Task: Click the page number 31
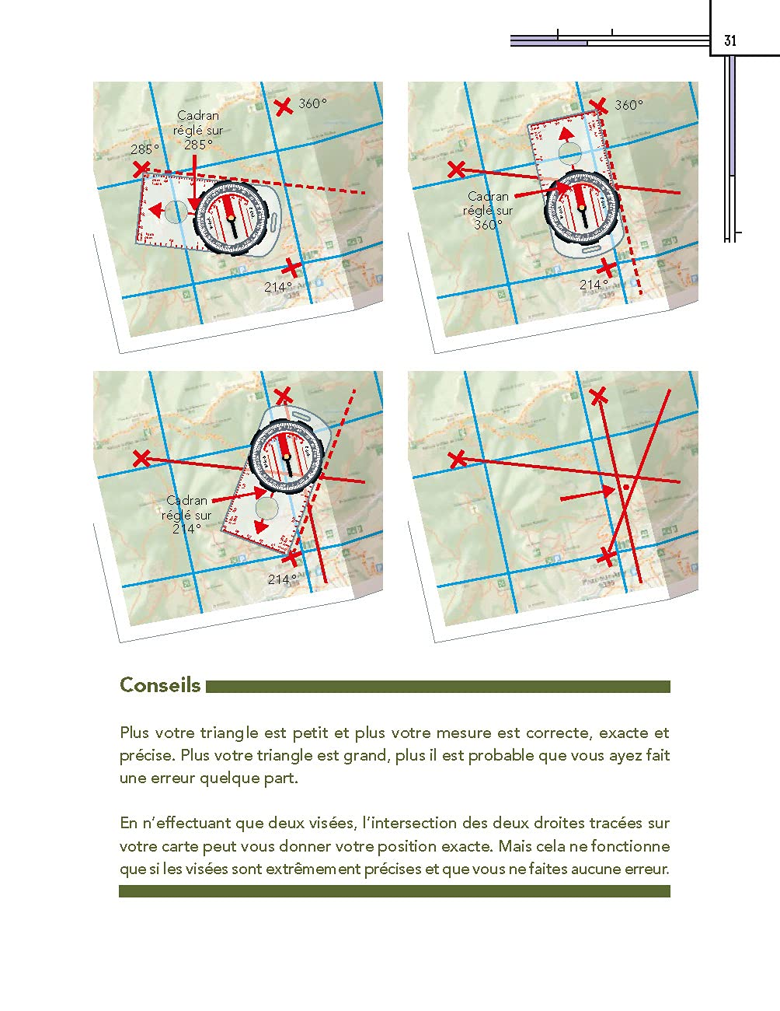(x=730, y=41)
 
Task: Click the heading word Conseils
(x=160, y=685)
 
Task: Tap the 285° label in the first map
(x=145, y=149)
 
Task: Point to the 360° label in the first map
(x=313, y=103)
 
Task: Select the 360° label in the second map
(x=629, y=105)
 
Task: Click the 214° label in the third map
(x=282, y=579)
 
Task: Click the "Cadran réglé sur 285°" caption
(x=198, y=130)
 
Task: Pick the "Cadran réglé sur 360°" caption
(x=488, y=210)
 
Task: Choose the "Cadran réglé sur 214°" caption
(x=186, y=514)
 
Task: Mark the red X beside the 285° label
(x=141, y=168)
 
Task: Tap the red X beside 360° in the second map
(x=598, y=107)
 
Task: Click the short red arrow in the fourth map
(x=587, y=493)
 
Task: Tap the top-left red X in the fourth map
(x=458, y=459)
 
